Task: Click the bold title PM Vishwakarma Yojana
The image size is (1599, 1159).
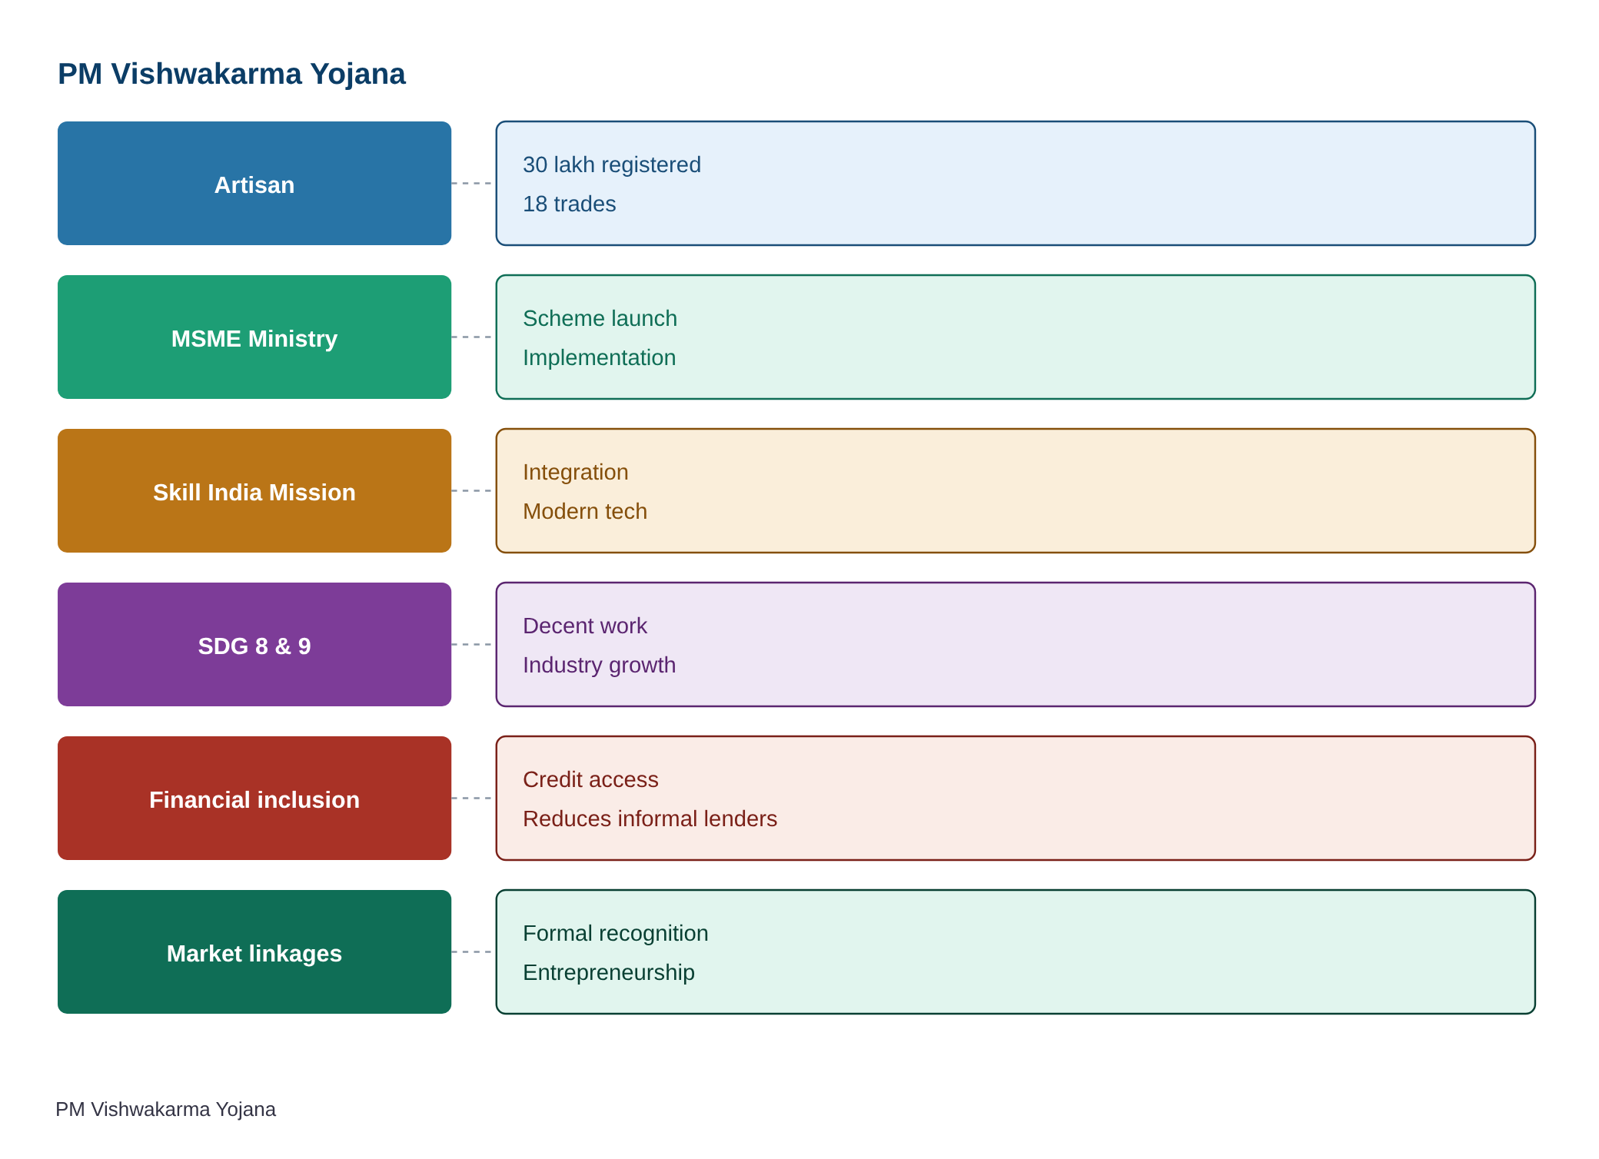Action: coord(231,75)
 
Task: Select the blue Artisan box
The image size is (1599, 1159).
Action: coord(254,183)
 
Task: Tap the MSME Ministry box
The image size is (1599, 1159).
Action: coord(254,337)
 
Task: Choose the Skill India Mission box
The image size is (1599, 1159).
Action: coord(254,490)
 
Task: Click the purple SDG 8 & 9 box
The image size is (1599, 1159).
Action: coord(254,644)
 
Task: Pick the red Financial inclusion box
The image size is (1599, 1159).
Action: coord(254,798)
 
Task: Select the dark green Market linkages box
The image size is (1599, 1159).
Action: coord(254,951)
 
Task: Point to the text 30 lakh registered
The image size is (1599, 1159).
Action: coord(612,164)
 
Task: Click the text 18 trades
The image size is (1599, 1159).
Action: coord(570,204)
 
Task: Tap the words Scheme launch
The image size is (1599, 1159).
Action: coord(600,318)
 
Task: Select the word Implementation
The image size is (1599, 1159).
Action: coord(600,358)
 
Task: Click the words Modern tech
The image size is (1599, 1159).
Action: coord(585,511)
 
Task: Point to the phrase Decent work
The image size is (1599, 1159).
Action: coord(585,626)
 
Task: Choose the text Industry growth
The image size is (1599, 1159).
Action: coord(600,666)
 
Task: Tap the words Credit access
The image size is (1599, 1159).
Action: coord(590,779)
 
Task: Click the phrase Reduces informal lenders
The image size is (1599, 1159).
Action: coord(650,819)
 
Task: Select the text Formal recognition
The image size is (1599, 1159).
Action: coord(616,933)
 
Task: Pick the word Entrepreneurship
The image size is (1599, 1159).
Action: coord(609,973)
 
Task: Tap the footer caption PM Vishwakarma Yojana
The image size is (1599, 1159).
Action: coord(166,1109)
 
